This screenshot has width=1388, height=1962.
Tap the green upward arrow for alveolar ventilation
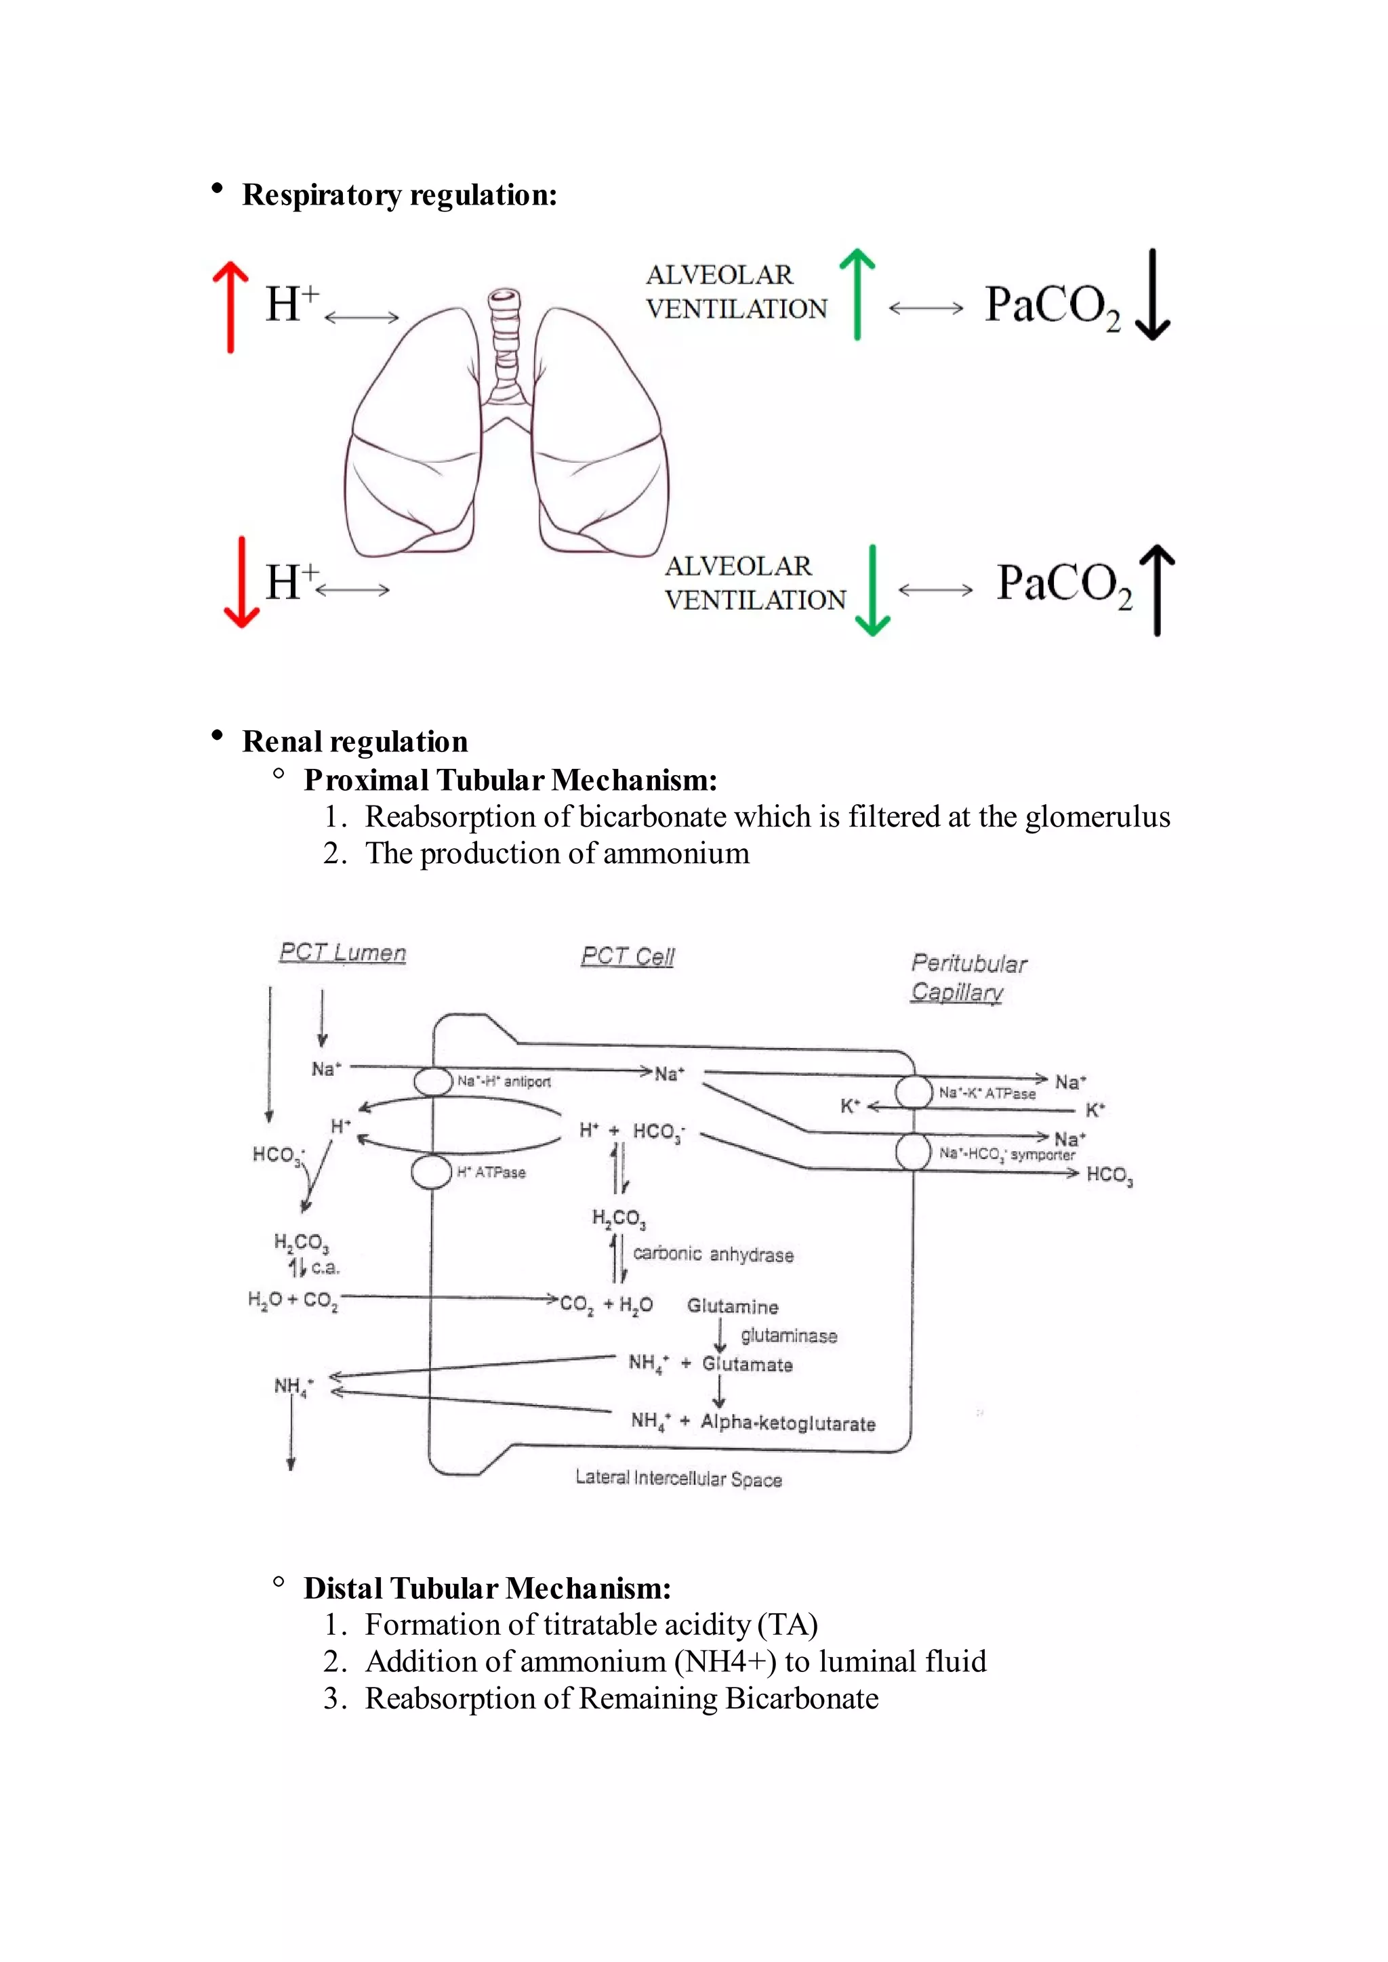[857, 294]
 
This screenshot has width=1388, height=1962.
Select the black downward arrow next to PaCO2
[1153, 295]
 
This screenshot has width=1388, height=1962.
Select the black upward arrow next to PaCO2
[1158, 589]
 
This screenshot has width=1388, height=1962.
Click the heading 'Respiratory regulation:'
[399, 195]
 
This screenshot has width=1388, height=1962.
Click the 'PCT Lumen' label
[343, 952]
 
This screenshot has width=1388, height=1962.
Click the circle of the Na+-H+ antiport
[432, 1081]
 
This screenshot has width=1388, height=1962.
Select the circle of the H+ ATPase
[432, 1171]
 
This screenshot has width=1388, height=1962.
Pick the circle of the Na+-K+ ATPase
[914, 1092]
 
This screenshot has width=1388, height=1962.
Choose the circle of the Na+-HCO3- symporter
[914, 1152]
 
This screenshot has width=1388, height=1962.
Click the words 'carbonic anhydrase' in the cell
[713, 1255]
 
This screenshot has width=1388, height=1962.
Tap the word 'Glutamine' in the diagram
[733, 1307]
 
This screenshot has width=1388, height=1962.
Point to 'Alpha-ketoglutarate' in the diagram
[788, 1423]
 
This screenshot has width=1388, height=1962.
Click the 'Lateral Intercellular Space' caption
[678, 1478]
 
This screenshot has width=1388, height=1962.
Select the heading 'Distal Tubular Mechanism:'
[487, 1588]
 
